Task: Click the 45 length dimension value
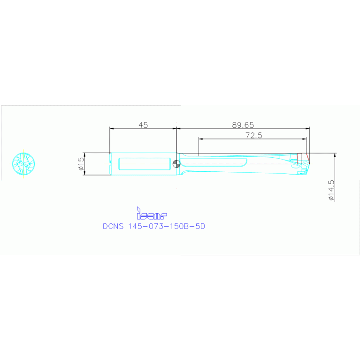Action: point(143,125)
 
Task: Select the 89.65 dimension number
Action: point(243,125)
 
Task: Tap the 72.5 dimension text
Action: point(253,135)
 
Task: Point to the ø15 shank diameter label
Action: point(81,163)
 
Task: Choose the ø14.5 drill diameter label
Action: point(331,191)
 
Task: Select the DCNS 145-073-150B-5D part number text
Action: point(154,226)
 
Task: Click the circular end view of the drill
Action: point(23,163)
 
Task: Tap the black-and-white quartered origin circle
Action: point(176,164)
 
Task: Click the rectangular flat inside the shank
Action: point(145,163)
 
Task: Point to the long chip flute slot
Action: point(214,162)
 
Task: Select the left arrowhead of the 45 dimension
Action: point(111,128)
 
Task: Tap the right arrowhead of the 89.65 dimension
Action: point(308,128)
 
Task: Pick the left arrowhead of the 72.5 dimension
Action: point(200,138)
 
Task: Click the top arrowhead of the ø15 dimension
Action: point(84,154)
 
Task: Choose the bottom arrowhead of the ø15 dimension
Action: point(84,173)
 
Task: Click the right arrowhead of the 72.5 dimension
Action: point(305,138)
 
